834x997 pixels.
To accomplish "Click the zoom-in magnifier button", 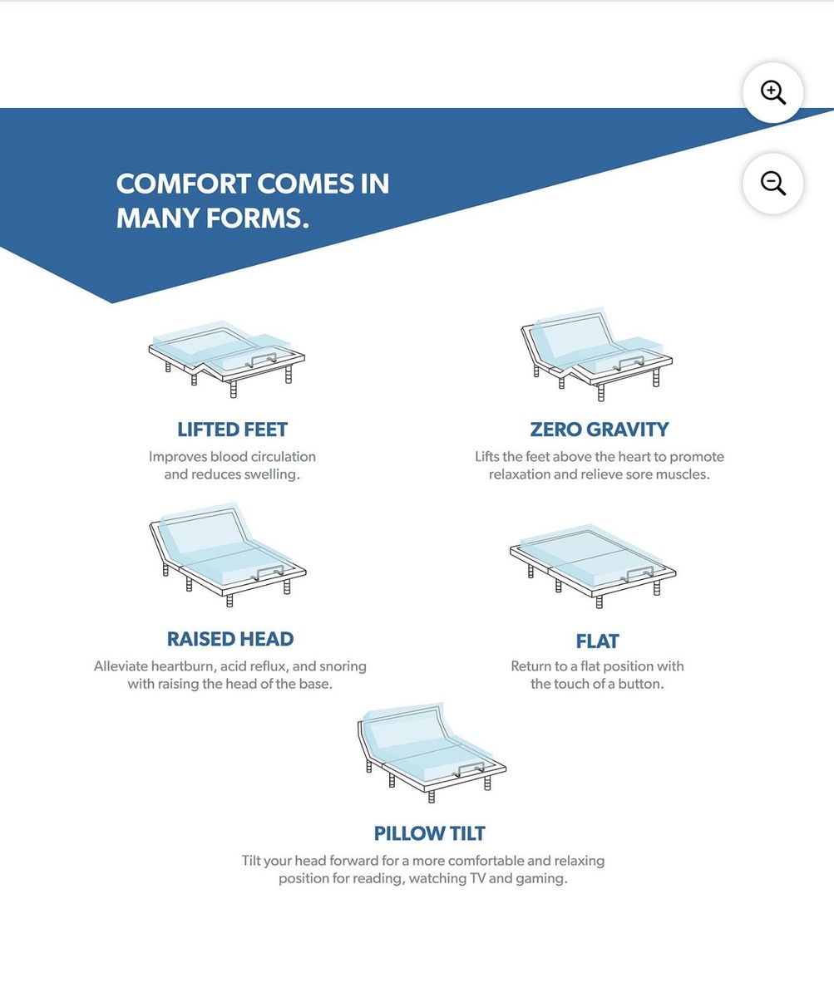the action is (x=772, y=92).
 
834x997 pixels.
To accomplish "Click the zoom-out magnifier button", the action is (x=772, y=184).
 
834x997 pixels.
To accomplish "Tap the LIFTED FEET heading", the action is (x=232, y=430).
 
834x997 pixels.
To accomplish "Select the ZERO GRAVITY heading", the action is (x=600, y=430).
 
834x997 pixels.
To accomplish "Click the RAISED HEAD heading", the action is (x=230, y=640).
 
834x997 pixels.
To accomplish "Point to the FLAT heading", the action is (x=597, y=641).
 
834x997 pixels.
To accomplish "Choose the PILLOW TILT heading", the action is (x=429, y=833).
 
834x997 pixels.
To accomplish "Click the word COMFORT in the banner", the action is (x=183, y=184).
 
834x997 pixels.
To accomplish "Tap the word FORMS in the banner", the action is (x=258, y=219).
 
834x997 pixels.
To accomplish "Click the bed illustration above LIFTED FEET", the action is (x=227, y=359).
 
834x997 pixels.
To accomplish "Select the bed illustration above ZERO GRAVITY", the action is (x=596, y=354).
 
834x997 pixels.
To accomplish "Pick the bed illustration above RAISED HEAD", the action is (x=228, y=555).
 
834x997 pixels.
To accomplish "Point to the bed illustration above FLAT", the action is (x=593, y=567).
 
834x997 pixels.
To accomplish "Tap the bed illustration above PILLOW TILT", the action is (x=432, y=753).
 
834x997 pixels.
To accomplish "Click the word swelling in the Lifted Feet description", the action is (x=272, y=474).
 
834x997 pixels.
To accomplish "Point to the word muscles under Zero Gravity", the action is (x=683, y=474).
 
